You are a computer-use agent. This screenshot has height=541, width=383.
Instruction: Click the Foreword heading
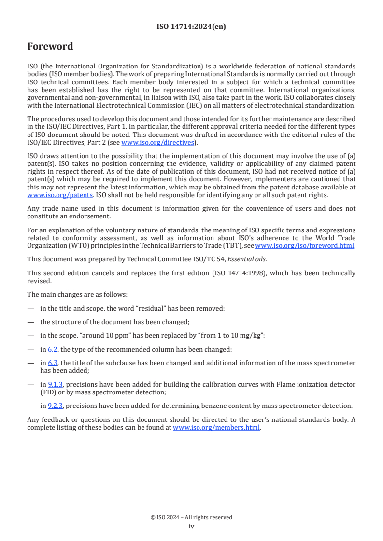tap(50, 47)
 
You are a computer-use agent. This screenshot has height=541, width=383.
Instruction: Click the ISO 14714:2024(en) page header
tap(191, 27)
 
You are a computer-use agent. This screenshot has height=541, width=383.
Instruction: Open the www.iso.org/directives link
tap(157, 143)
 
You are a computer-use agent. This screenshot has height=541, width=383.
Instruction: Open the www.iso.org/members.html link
tap(216, 427)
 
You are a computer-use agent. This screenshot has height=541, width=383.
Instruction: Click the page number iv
tap(191, 527)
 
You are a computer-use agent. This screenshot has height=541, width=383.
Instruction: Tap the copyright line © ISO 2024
tap(191, 517)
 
